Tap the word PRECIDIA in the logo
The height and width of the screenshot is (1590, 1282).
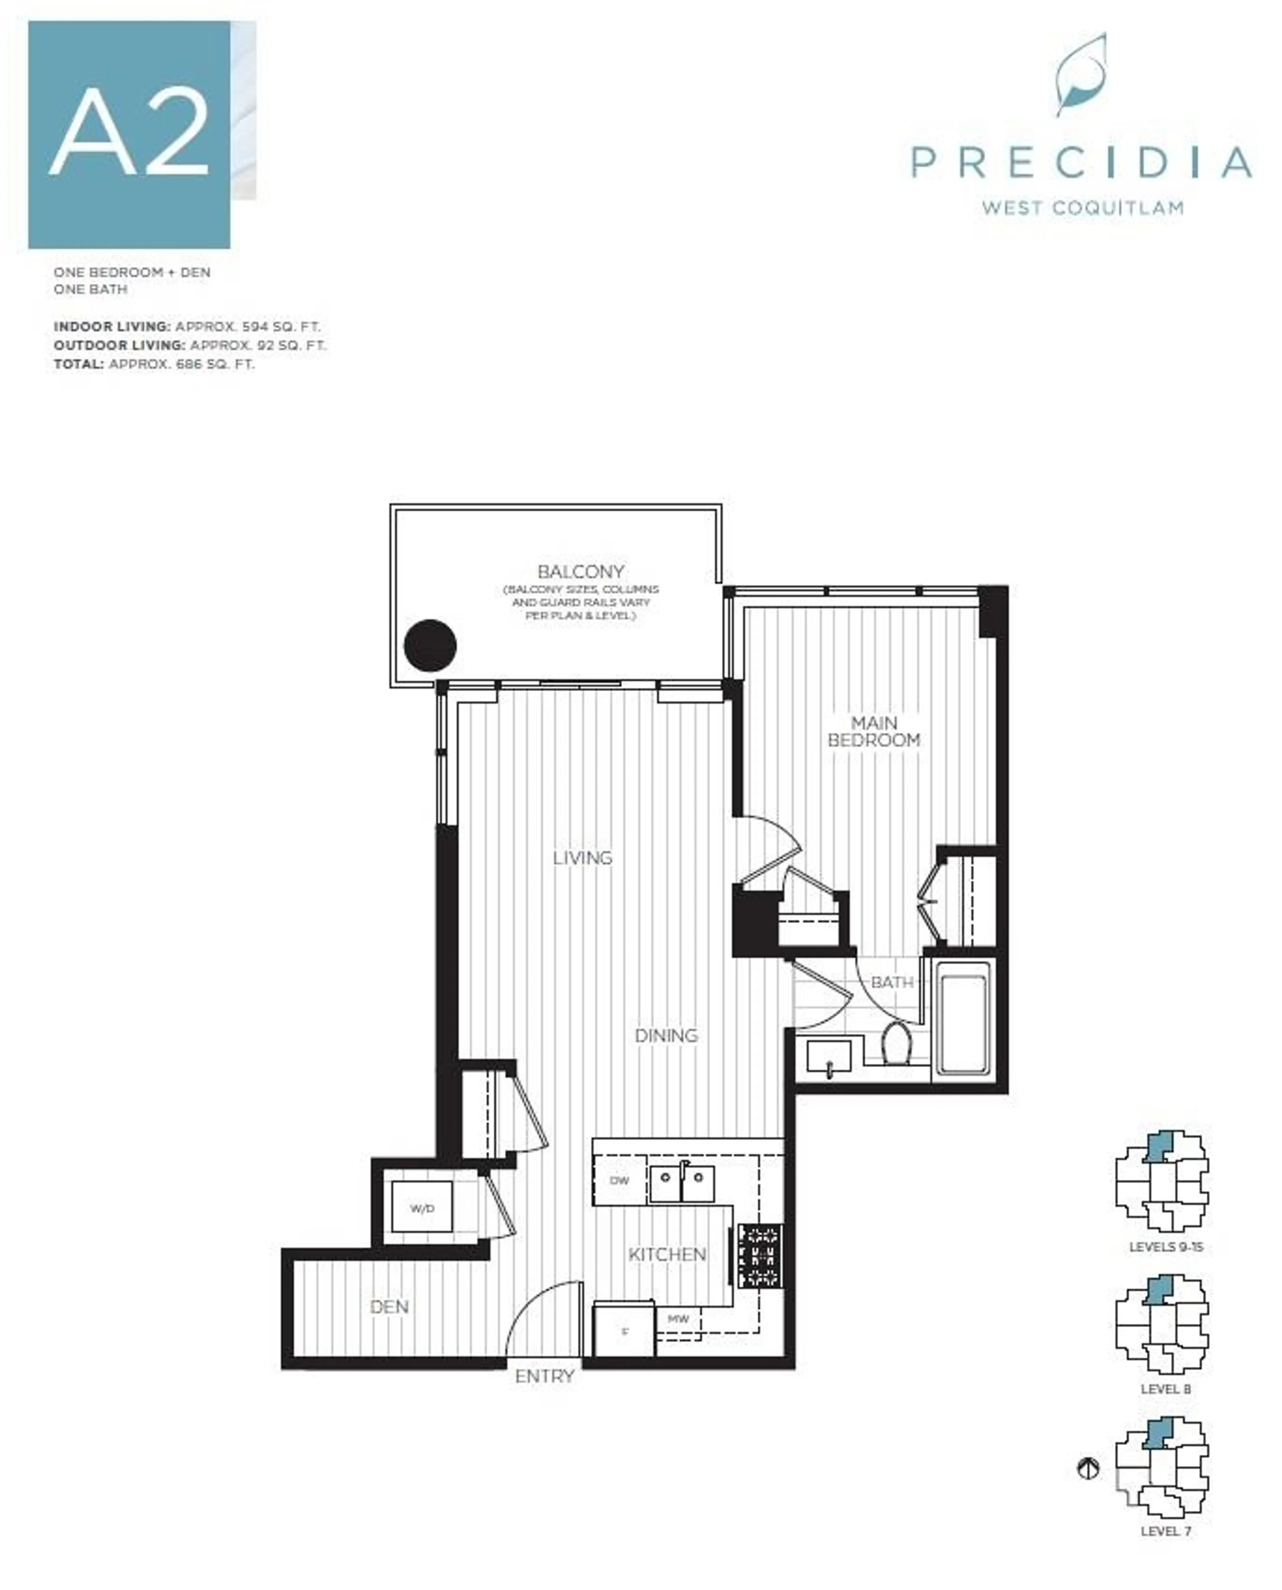coord(1081,163)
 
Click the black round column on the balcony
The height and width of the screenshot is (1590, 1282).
coord(431,645)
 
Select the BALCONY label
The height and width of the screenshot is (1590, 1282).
coord(581,571)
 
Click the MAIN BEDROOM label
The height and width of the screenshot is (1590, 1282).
coord(874,731)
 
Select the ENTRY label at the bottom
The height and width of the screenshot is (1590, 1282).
coord(544,1376)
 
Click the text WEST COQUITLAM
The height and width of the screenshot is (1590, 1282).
coord(1083,208)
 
